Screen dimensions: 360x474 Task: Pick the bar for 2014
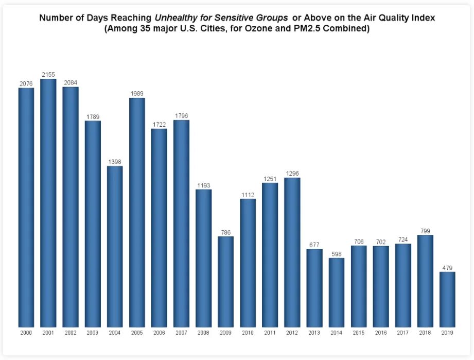pyautogui.click(x=337, y=292)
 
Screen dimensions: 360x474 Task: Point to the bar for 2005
pyautogui.click(x=137, y=212)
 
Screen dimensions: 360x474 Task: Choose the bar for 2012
pyautogui.click(x=292, y=252)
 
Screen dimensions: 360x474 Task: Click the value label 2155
pyautogui.click(x=48, y=75)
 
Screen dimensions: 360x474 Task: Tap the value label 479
pyautogui.click(x=447, y=268)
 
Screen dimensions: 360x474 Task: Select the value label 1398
pyautogui.click(x=115, y=162)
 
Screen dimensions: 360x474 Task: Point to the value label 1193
pyautogui.click(x=203, y=185)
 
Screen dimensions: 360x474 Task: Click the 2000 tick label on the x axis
pyautogui.click(x=26, y=333)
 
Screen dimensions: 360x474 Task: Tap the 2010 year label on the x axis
pyautogui.click(x=248, y=333)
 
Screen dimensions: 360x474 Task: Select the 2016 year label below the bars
pyautogui.click(x=381, y=333)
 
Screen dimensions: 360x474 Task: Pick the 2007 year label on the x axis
pyautogui.click(x=181, y=333)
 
